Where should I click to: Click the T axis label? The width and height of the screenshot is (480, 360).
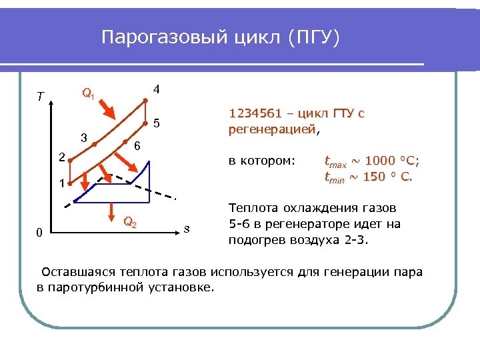click(x=41, y=97)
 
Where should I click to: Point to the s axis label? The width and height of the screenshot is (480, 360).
click(x=187, y=229)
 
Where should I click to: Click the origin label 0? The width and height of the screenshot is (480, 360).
click(x=40, y=233)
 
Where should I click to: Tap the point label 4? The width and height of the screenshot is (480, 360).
click(x=155, y=89)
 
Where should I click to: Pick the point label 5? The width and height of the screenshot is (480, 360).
click(x=156, y=123)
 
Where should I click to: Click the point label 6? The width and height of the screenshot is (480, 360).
click(x=136, y=146)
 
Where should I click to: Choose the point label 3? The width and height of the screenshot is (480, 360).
click(x=83, y=138)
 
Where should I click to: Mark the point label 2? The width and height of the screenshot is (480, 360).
click(x=61, y=158)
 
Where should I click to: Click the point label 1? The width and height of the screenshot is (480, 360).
click(x=61, y=183)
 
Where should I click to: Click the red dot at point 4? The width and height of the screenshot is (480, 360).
click(x=146, y=101)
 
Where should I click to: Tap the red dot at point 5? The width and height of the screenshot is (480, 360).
click(x=146, y=124)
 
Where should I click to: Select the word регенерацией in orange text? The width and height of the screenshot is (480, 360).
click(x=271, y=129)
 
